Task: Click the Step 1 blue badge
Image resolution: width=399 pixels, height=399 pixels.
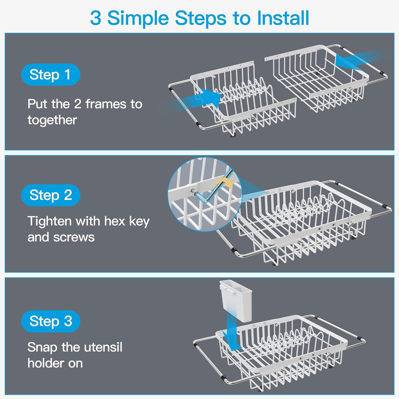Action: [51, 74]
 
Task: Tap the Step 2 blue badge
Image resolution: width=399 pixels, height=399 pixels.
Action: [51, 195]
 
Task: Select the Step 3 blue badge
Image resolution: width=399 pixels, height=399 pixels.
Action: [51, 321]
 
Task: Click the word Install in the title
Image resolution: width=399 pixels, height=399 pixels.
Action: [283, 18]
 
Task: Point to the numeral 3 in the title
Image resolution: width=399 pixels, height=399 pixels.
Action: [96, 18]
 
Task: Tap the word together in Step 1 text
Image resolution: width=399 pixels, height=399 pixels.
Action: [52, 120]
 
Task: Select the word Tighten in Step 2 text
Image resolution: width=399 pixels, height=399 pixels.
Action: [50, 221]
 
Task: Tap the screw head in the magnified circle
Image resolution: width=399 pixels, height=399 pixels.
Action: [193, 191]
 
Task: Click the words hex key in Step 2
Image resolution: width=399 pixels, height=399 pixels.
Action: [127, 221]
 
